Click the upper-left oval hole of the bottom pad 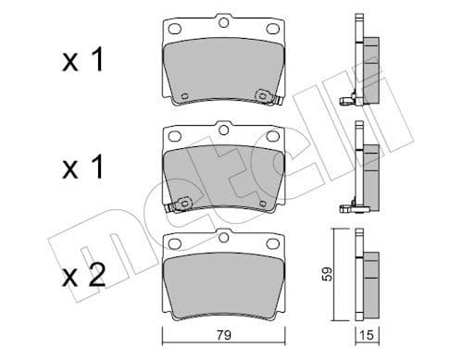point(172,244)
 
